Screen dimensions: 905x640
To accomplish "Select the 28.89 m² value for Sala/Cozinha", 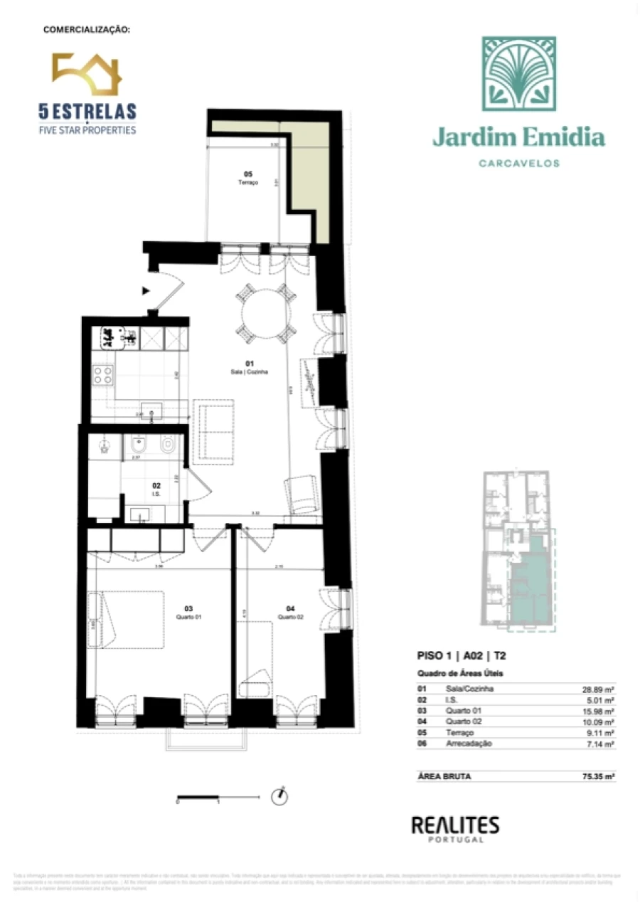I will coord(599,689).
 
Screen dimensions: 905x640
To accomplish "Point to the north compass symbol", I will coord(280,796).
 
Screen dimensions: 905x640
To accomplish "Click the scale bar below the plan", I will coord(198,796).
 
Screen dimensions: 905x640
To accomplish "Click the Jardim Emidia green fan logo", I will coord(518,74).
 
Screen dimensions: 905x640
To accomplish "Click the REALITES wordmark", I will coord(455,825).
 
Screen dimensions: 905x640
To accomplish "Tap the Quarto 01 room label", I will coord(188,613).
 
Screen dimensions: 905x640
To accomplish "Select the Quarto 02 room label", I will coord(290,613).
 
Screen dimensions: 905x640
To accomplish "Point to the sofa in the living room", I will coord(214,432).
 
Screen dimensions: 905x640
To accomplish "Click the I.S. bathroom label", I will coord(156,489).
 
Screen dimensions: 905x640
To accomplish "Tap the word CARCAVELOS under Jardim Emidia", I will coord(518,163).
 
